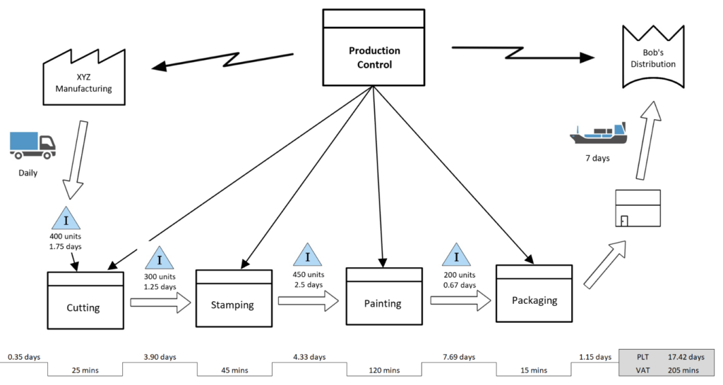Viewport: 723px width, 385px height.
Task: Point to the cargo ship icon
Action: click(x=599, y=131)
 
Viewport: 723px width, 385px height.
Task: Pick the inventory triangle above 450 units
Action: click(x=308, y=256)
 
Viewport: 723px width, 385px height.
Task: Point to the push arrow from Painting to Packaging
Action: click(x=460, y=300)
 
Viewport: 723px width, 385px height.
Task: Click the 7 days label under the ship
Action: click(x=597, y=158)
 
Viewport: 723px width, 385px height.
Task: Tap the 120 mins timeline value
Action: click(x=383, y=370)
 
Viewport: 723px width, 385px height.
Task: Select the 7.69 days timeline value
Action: click(x=458, y=357)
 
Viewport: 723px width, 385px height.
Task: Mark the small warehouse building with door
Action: click(x=638, y=208)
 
